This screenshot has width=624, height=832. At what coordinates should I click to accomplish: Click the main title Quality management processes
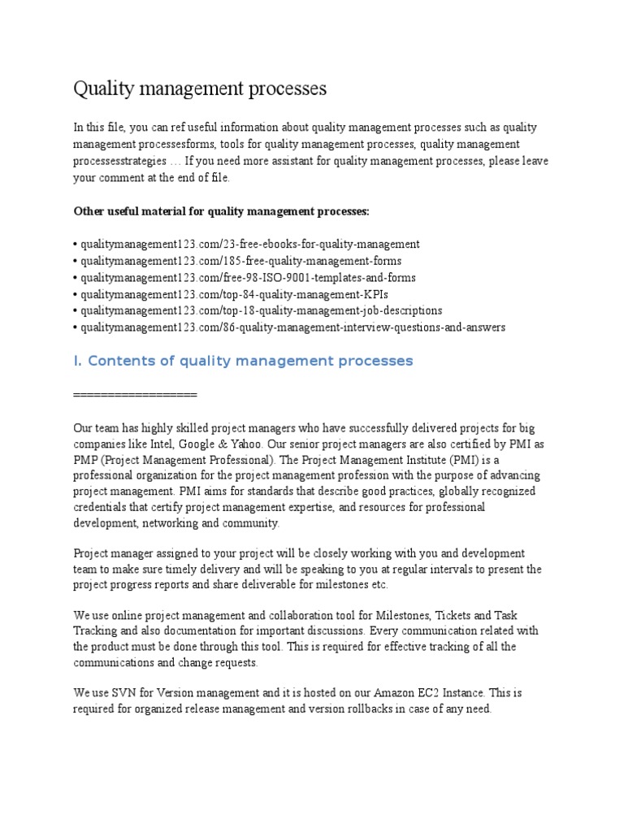click(x=200, y=89)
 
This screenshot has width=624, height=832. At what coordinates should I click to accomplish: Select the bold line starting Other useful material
click(x=221, y=211)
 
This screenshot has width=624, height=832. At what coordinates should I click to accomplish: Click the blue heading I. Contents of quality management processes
click(x=243, y=361)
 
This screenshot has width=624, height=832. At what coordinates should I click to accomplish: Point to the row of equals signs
click(x=135, y=394)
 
